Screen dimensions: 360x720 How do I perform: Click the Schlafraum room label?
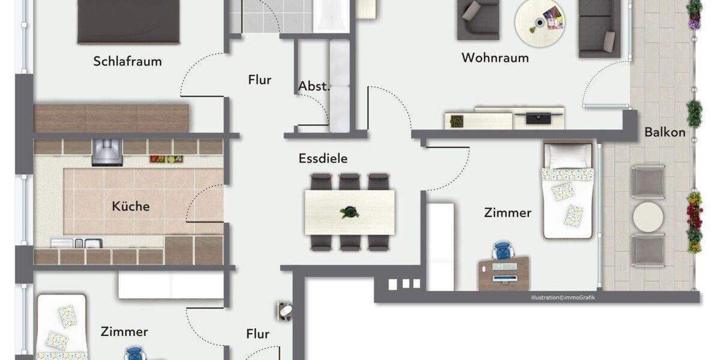coord(128,61)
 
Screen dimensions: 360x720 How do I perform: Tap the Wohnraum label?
coord(495,58)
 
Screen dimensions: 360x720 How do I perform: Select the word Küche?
coord(131,206)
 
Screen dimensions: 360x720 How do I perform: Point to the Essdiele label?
coord(323,159)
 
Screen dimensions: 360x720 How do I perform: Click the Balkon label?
coord(665,133)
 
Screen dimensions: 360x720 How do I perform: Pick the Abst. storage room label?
coord(314,86)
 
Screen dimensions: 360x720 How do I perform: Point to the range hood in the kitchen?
coord(106,151)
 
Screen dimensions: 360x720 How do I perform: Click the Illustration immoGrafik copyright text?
coord(563,298)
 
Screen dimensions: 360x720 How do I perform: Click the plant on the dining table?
coord(348,212)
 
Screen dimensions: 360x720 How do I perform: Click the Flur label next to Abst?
coord(260,80)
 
